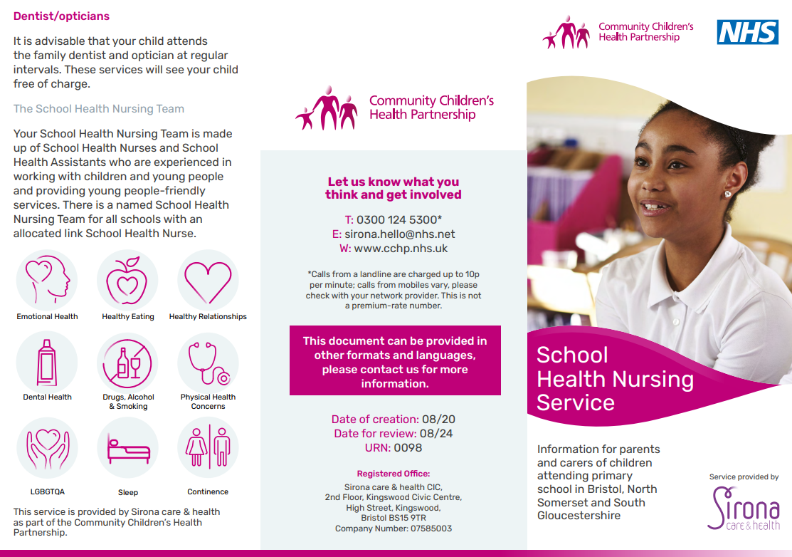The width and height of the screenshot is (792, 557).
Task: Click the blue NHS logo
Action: [747, 31]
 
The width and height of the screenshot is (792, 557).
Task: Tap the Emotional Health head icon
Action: [47, 280]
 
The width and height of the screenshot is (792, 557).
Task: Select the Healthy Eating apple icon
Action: [127, 280]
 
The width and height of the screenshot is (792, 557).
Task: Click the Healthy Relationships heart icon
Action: [208, 280]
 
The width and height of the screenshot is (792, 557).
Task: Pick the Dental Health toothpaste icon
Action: [47, 362]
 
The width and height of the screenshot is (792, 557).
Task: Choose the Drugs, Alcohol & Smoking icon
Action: [127, 362]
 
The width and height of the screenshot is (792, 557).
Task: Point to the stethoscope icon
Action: [208, 362]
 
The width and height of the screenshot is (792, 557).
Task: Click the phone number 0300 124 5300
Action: [396, 219]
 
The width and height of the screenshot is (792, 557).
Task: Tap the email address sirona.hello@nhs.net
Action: [400, 234]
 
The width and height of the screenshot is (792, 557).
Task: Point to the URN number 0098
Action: [408, 448]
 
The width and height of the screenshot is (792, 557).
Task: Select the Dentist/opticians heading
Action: [61, 16]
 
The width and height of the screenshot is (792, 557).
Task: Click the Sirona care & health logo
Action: [744, 507]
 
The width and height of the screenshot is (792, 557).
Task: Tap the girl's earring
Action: [728, 194]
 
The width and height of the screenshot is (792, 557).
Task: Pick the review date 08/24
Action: [436, 434]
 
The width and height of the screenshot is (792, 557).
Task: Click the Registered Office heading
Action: [394, 474]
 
